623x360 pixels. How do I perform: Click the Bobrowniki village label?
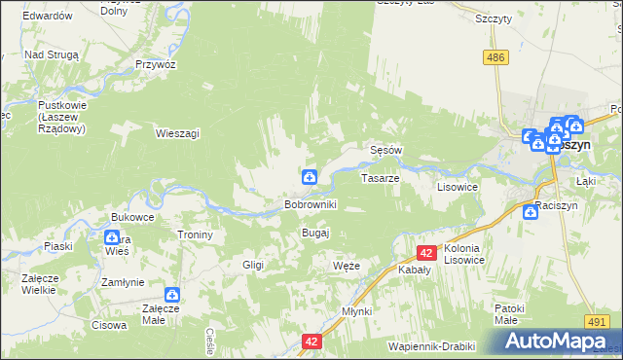click(x=310, y=205)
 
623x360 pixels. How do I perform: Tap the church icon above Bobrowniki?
click(x=309, y=176)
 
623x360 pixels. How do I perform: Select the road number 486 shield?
click(x=497, y=58)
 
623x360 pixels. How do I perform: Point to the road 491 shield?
click(x=597, y=320)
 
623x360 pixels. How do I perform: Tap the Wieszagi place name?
click(x=177, y=133)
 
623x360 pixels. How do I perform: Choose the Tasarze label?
click(x=379, y=179)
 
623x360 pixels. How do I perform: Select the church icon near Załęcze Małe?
click(x=172, y=294)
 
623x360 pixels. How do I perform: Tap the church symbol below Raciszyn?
click(x=530, y=211)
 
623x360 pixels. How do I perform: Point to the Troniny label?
click(x=195, y=234)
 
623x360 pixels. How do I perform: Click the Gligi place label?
click(x=253, y=265)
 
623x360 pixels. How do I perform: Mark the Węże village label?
click(x=347, y=266)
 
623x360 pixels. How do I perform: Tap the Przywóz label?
click(x=156, y=64)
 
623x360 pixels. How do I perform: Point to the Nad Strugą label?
click(x=51, y=55)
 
